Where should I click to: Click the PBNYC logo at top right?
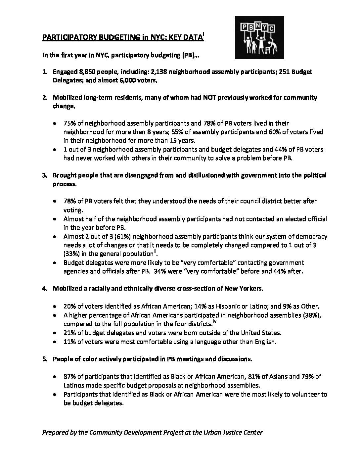[259, 38]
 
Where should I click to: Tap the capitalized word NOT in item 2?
[194, 97]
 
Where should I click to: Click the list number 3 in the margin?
[44, 175]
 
